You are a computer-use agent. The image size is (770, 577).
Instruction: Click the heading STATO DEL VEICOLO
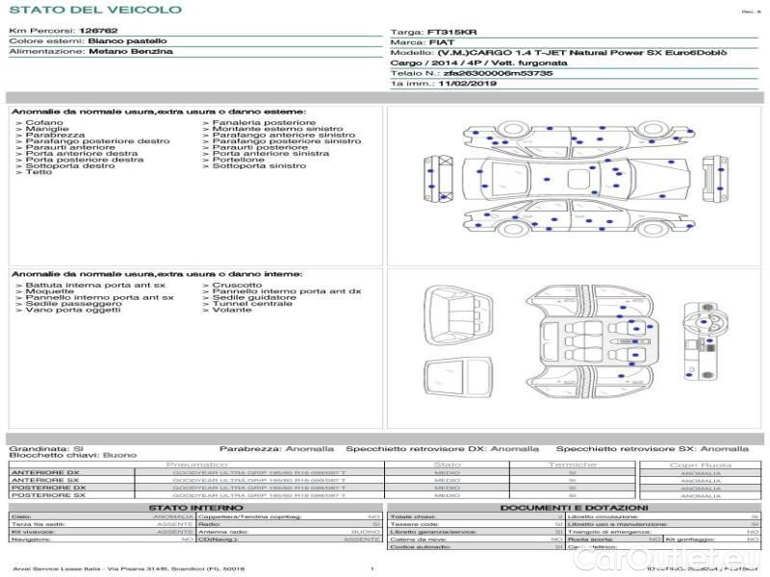point(94,10)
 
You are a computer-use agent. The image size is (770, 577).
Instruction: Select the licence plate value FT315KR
point(445,32)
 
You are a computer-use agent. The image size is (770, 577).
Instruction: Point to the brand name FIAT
point(436,43)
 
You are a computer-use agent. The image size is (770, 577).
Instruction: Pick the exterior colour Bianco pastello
point(126,41)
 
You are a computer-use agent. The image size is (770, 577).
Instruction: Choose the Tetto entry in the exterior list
point(38,173)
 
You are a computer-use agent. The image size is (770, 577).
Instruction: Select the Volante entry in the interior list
point(232,311)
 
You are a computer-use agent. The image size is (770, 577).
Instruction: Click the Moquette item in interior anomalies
point(48,290)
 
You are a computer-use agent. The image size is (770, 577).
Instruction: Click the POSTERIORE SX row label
point(48,494)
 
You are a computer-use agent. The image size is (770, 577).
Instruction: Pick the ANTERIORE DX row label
point(45,473)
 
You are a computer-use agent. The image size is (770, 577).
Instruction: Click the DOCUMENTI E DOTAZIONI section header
point(574,507)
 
